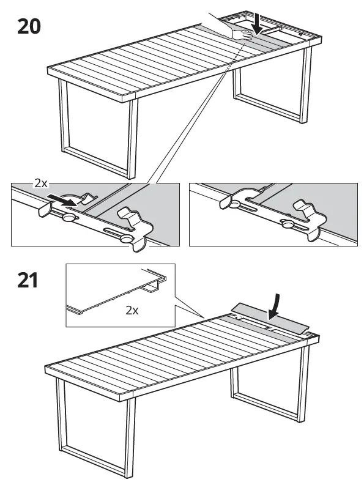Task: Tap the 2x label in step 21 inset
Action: [132, 310]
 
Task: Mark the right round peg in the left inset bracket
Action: [127, 239]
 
